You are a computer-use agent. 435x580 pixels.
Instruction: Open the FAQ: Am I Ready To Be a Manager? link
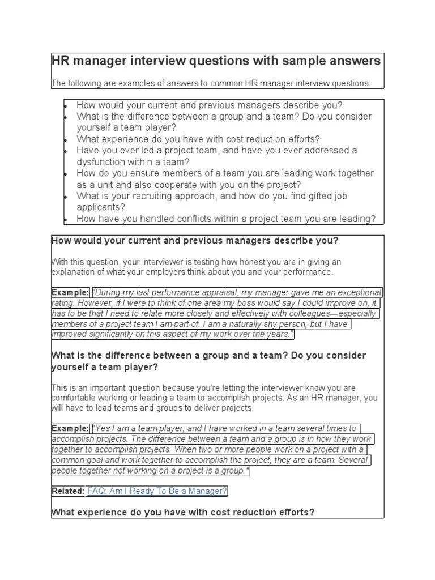click(x=157, y=491)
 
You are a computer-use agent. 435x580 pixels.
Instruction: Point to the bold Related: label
click(x=67, y=491)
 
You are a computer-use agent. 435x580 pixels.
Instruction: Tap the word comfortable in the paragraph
click(x=74, y=398)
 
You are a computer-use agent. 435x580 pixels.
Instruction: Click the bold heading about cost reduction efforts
click(x=182, y=513)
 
